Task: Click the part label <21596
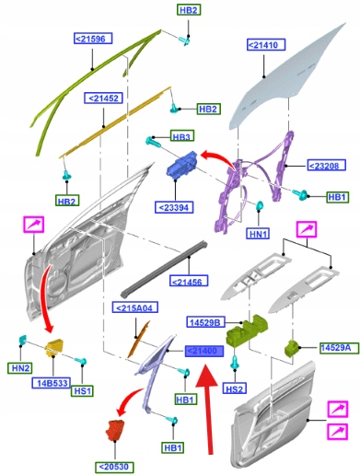[93, 39]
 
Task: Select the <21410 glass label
[266, 45]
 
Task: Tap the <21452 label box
[103, 98]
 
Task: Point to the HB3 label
[182, 136]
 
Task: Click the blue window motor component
[182, 165]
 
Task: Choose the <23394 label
[175, 207]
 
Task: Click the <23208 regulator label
[327, 166]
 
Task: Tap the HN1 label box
[259, 234]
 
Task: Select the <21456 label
[189, 281]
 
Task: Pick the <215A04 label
[135, 307]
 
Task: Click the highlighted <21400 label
[204, 351]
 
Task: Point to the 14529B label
[205, 322]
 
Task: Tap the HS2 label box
[235, 388]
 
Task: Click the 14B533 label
[52, 383]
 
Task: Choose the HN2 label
[19, 367]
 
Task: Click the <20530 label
[115, 467]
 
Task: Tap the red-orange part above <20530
[115, 430]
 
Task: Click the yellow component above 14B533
[54, 347]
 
